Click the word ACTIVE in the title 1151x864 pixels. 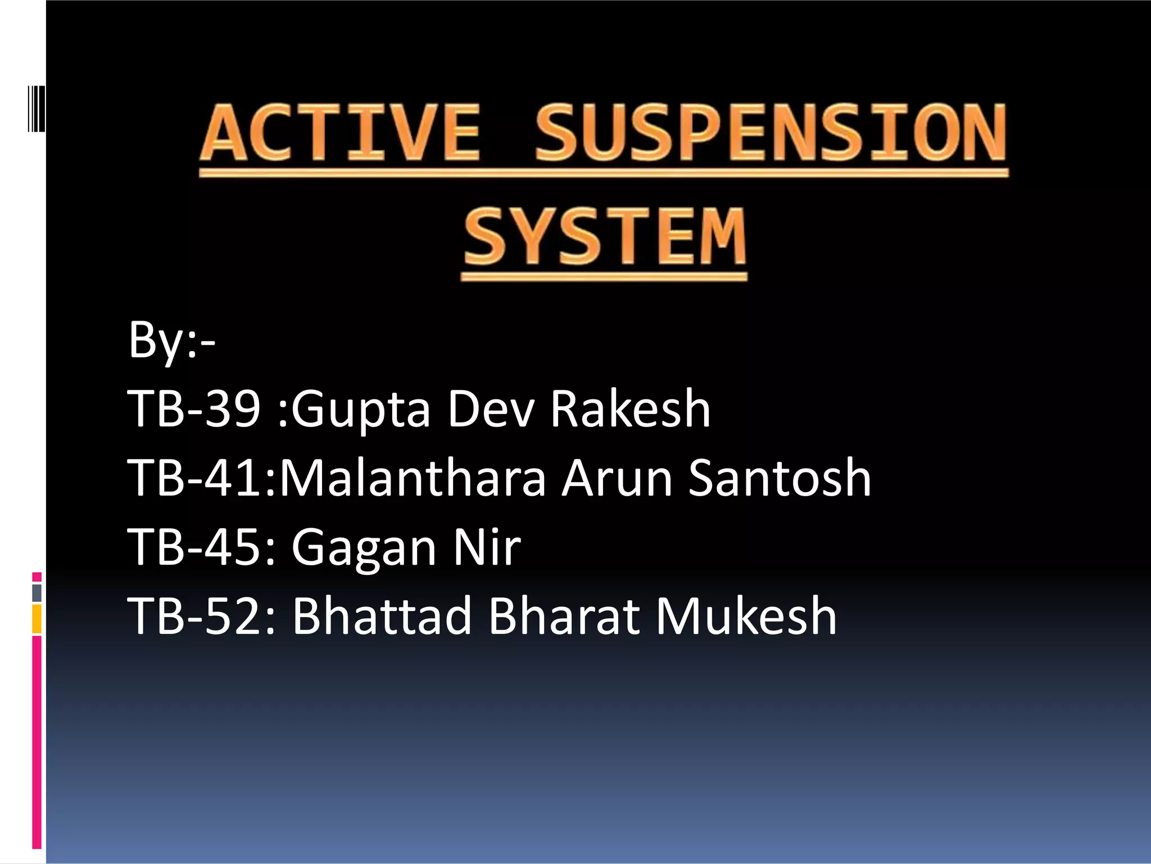(340, 133)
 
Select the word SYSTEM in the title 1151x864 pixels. (605, 236)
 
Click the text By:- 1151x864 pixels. (172, 340)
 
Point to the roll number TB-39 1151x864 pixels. (194, 409)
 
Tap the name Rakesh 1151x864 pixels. (630, 409)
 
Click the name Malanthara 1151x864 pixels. (413, 478)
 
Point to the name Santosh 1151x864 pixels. (780, 478)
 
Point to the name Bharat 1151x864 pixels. (564, 616)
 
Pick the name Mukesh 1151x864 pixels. (746, 616)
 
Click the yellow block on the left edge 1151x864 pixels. (37, 619)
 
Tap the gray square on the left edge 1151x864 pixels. (37, 593)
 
